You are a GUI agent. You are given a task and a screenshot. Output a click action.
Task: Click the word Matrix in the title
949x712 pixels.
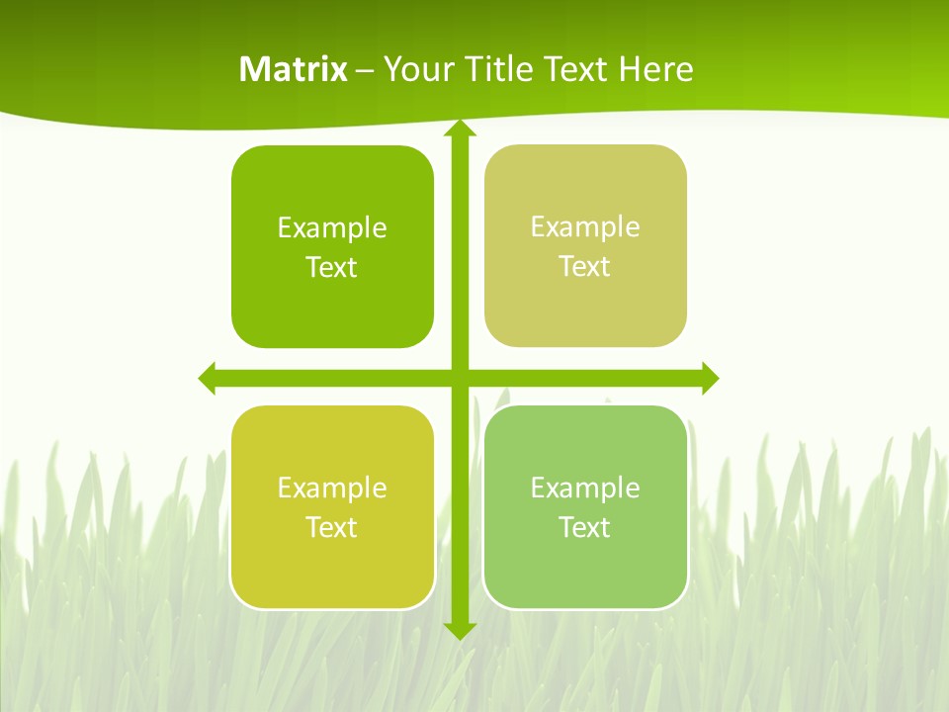coord(293,69)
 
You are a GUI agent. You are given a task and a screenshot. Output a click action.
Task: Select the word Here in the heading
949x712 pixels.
coord(655,69)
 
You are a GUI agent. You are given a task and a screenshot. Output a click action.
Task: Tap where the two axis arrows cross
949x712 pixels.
coord(459,378)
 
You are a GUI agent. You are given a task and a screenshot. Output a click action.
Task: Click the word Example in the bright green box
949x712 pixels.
coord(332,227)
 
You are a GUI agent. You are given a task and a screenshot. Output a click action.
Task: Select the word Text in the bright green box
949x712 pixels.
coord(332,267)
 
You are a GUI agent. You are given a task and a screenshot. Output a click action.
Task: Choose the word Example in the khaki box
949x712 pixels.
coord(585,226)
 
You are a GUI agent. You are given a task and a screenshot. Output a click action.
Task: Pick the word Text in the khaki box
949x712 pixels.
coord(585,266)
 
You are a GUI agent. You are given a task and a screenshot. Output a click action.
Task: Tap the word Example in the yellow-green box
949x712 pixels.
coord(332,488)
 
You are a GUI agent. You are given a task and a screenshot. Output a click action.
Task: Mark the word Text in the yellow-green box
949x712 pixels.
coord(332,527)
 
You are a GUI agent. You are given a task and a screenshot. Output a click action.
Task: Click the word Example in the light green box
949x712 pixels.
coord(585,488)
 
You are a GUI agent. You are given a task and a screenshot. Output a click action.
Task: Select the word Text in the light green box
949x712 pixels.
coord(585,527)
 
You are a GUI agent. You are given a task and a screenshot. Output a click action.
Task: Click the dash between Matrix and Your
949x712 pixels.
coord(365,70)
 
